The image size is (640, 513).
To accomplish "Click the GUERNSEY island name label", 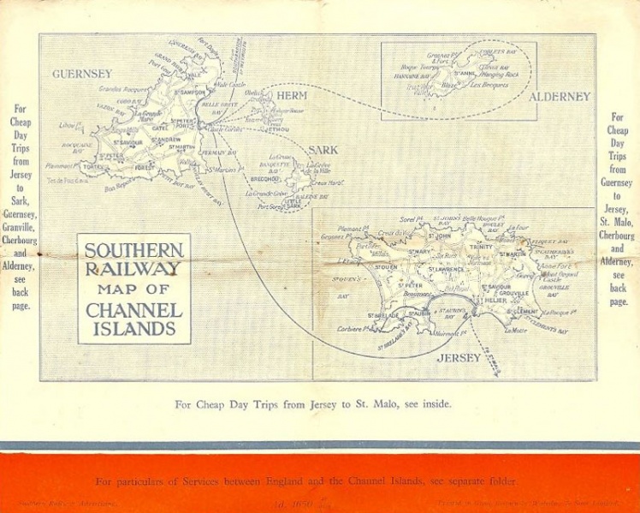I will pyautogui.click(x=82, y=74).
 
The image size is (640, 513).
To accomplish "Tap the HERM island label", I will pyautogui.click(x=292, y=95).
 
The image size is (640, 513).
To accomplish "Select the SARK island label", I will pyautogui.click(x=323, y=150).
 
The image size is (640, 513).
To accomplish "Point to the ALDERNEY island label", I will pyautogui.click(x=560, y=97).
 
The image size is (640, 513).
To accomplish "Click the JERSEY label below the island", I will pyautogui.click(x=459, y=358).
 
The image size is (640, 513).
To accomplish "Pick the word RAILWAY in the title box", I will pyautogui.click(x=133, y=269).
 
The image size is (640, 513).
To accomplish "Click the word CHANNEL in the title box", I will pyautogui.click(x=133, y=309).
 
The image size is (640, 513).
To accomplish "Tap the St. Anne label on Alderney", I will pyautogui.click(x=465, y=74).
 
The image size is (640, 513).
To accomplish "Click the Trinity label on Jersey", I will pyautogui.click(x=481, y=247).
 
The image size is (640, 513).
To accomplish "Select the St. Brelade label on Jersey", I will pyautogui.click(x=384, y=314).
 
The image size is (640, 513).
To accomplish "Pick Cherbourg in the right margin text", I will pyautogui.click(x=617, y=235).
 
